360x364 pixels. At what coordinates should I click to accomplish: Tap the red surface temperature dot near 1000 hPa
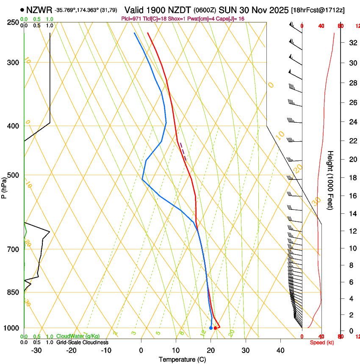coord(216,328)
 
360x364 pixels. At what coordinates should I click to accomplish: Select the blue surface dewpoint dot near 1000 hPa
coord(211,328)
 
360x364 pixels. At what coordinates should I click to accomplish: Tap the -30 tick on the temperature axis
coord(36,350)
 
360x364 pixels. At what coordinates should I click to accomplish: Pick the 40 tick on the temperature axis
coord(280,350)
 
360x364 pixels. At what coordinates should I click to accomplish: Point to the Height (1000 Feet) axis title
coord(331,180)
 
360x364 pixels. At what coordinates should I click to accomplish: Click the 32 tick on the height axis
coord(352,42)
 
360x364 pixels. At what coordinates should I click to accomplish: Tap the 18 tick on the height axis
coord(352,178)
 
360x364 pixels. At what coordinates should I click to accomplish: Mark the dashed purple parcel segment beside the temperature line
coord(183,152)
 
